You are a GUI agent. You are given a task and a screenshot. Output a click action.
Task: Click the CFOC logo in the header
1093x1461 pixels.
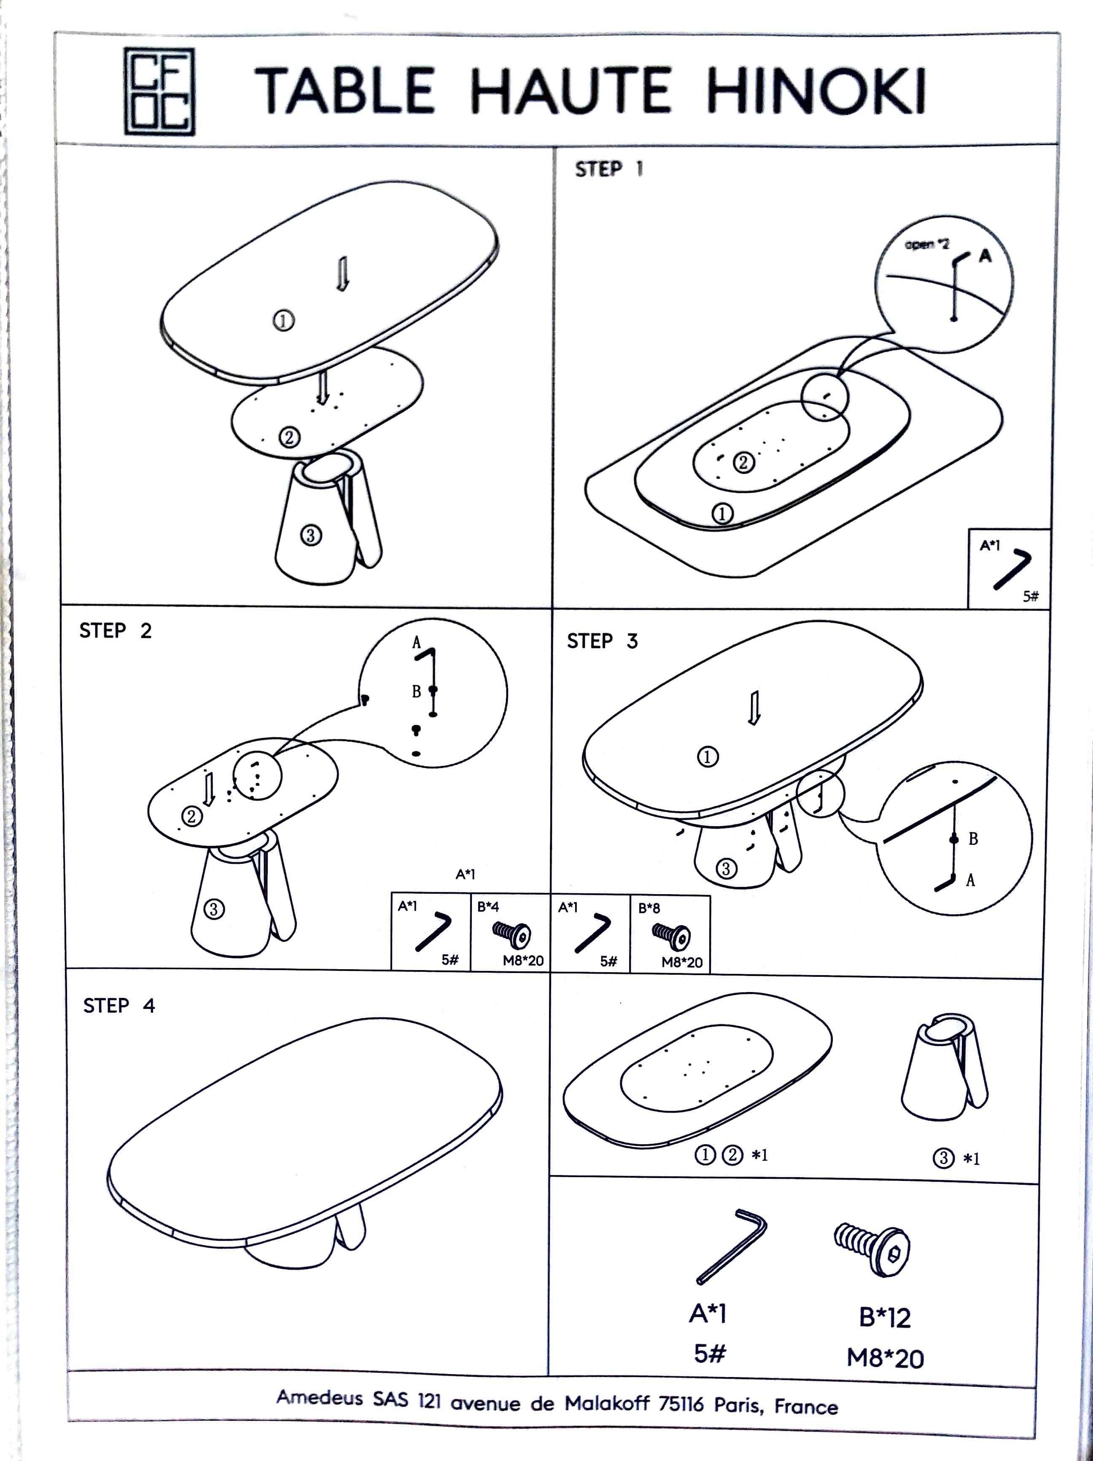click(x=160, y=91)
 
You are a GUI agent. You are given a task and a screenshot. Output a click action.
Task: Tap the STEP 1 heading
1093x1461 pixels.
click(x=608, y=169)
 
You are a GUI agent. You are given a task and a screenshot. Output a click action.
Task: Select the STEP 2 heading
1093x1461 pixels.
click(x=116, y=631)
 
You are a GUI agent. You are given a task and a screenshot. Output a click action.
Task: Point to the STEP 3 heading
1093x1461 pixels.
click(x=602, y=641)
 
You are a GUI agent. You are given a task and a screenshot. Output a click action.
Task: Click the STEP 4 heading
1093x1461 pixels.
click(x=119, y=1005)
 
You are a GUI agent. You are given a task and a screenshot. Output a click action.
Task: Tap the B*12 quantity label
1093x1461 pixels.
click(x=885, y=1317)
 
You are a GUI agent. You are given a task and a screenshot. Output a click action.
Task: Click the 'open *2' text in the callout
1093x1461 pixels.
click(x=926, y=244)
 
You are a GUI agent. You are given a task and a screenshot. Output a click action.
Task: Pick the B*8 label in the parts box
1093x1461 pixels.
click(x=649, y=908)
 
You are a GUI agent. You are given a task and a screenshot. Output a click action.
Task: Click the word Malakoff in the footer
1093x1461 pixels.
click(x=607, y=1403)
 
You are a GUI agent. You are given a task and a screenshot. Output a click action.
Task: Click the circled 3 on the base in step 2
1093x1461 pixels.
click(x=213, y=909)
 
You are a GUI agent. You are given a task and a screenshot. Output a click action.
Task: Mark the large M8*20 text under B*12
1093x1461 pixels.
click(x=885, y=1358)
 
